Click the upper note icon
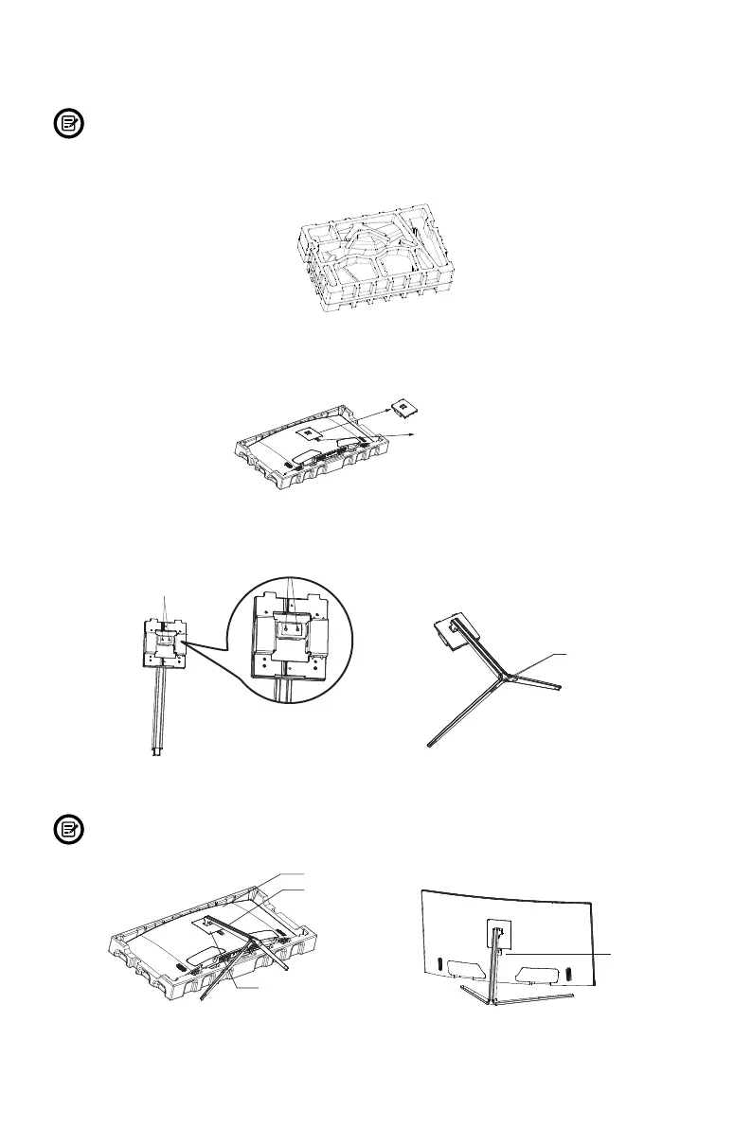tap(67, 125)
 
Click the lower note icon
tap(67, 832)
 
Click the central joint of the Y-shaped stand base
tap(509, 675)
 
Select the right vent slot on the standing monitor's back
tap(567, 969)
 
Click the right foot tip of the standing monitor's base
tap(571, 995)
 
